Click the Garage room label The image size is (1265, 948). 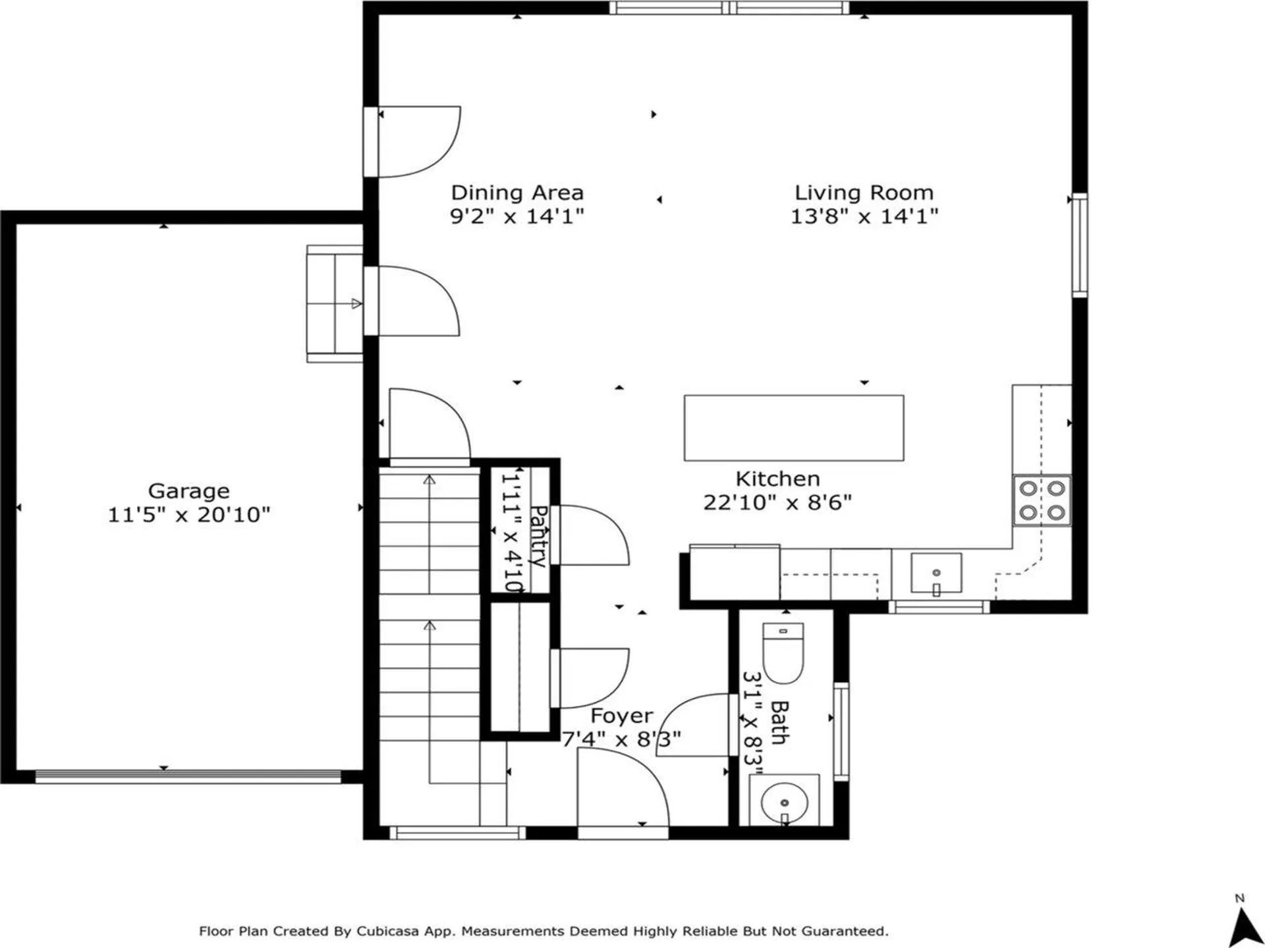click(x=188, y=491)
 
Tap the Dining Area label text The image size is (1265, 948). click(x=517, y=193)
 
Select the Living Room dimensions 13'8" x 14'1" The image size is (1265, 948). click(x=864, y=216)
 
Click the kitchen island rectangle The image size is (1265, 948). click(x=793, y=428)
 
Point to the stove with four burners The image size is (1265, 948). click(x=1042, y=500)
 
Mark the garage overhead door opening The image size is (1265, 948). click(x=188, y=777)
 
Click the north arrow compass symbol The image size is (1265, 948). click(x=1241, y=925)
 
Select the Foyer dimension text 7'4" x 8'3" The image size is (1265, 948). click(x=621, y=739)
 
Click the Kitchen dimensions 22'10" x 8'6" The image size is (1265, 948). click(x=777, y=503)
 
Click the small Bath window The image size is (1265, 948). click(x=841, y=731)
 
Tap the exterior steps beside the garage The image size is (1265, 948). click(x=335, y=303)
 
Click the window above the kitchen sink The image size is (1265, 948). click(x=939, y=607)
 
